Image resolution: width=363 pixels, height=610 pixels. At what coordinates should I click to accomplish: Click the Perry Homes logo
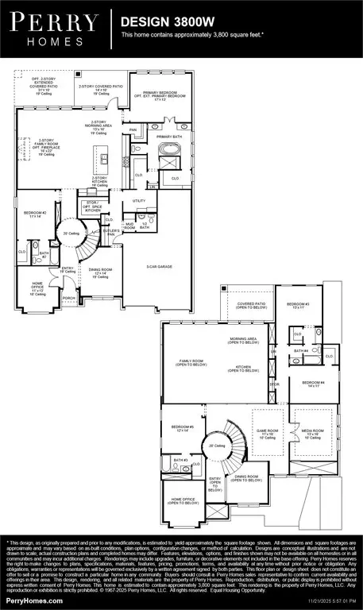tap(56, 29)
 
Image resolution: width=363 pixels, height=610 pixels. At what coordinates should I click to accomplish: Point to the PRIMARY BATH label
tap(169, 137)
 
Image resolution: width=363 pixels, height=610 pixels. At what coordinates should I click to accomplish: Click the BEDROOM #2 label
tap(34, 214)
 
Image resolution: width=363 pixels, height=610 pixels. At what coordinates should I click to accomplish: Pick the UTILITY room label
tap(140, 201)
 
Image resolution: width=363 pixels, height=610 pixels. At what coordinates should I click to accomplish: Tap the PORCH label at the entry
tap(70, 299)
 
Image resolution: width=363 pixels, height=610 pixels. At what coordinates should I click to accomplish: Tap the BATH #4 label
tap(300, 350)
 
